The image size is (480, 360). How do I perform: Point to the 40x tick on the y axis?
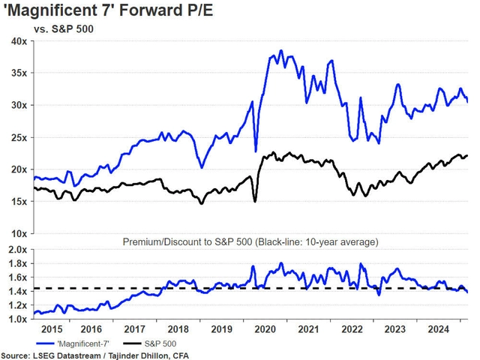(17, 41)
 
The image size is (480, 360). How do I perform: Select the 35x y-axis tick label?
(17, 73)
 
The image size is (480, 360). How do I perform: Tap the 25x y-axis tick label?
(17, 138)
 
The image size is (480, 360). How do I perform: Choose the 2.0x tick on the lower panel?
(17, 250)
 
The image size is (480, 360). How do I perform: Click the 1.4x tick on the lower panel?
(17, 291)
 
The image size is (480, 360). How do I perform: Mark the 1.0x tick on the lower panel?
(17, 319)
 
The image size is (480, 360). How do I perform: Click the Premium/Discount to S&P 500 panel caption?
(250, 241)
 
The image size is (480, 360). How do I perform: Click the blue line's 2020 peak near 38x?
(281, 51)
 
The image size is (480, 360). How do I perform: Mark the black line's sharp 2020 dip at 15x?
(256, 200)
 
